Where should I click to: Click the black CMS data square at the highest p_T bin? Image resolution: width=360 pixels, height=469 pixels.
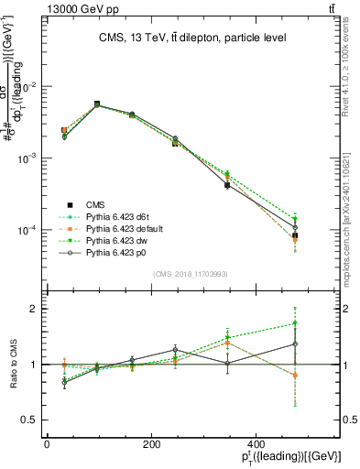(295, 235)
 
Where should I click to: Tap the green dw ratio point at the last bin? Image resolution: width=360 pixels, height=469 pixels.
(295, 323)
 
